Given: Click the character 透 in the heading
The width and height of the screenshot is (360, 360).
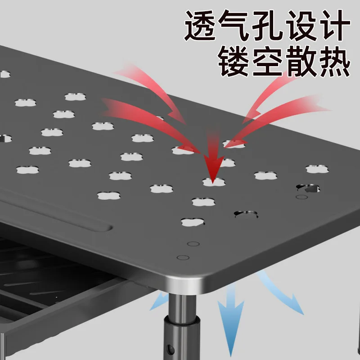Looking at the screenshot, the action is point(200,25).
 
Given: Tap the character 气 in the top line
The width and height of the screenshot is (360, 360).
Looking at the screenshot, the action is point(234,25).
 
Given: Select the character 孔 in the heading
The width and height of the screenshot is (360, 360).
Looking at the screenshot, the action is point(267,25).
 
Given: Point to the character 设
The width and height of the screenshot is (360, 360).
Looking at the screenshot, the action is point(301,25).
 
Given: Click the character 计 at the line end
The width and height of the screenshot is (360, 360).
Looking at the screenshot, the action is point(335,25).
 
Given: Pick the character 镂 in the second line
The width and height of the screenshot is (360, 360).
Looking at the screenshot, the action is point(234,61).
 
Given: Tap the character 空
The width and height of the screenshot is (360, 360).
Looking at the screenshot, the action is point(267,61).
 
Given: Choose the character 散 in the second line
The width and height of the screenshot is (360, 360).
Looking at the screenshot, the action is point(301,61).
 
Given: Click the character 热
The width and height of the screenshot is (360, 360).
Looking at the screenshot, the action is point(335,61).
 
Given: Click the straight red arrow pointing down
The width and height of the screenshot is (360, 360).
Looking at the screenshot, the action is point(213,156).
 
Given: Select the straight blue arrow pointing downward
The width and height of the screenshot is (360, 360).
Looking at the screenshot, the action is point(230,319).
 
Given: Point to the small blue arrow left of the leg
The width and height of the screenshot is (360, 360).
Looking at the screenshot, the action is point(159,301).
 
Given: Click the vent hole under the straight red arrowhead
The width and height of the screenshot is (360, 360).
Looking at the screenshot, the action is point(214,182).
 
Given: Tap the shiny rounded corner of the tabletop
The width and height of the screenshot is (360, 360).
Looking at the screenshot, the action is point(184,285).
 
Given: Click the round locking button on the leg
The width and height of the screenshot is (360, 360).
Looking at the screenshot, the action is point(170,349).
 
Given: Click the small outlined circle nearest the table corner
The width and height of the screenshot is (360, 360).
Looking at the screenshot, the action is point(183,257).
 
